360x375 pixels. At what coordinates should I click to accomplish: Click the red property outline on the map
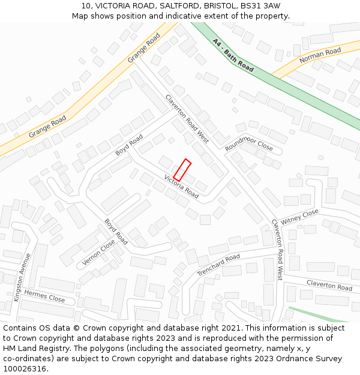coord(182,170)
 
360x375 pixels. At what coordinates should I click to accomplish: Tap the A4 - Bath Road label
coord(233,56)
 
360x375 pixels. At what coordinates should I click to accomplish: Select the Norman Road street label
coord(320,55)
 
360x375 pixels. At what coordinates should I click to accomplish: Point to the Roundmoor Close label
coord(249,145)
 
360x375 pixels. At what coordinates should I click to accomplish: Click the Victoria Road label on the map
coord(181,186)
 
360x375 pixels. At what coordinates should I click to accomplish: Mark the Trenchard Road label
coord(218,265)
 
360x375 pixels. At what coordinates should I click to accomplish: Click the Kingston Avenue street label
coord(22,277)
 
